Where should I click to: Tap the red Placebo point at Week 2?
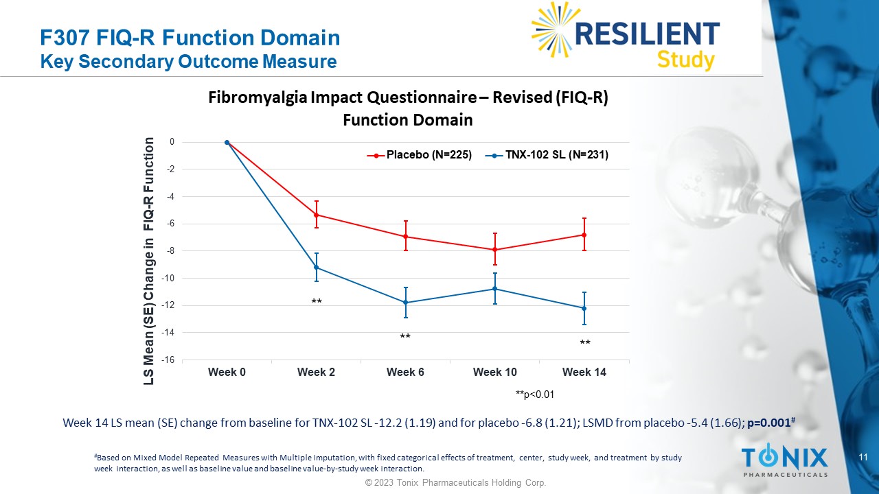(x=316, y=215)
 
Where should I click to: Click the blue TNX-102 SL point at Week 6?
(x=405, y=303)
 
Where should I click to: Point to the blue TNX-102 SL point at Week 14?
(x=584, y=308)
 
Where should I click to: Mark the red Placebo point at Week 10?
(x=495, y=250)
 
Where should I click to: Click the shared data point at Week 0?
(x=227, y=143)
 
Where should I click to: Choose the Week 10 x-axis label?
(x=495, y=372)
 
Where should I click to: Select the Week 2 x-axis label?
(x=316, y=372)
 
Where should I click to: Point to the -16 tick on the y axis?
(x=168, y=360)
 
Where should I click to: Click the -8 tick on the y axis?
(x=170, y=251)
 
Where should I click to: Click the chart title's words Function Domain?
(x=407, y=120)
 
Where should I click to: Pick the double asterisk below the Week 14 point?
(x=584, y=342)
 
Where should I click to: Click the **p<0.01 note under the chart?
(x=534, y=395)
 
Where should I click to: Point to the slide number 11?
(x=865, y=457)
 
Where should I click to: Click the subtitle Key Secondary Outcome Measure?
(x=189, y=62)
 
